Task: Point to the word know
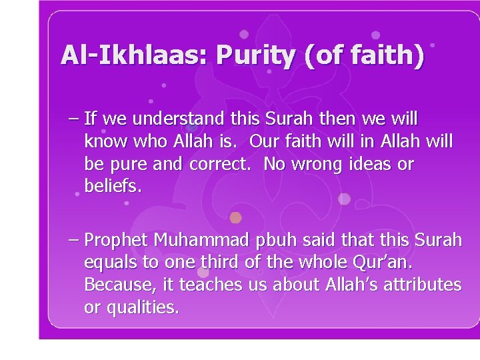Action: point(107,142)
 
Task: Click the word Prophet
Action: point(117,240)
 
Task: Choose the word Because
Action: point(121,285)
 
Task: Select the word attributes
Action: point(423,285)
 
